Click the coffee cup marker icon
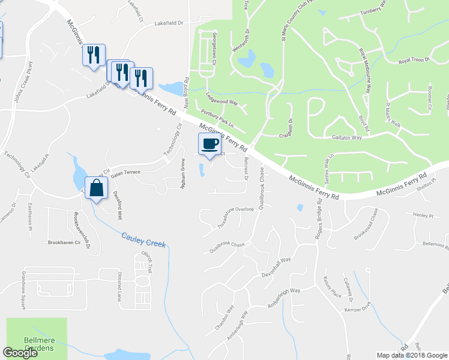209,144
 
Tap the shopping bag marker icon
96,188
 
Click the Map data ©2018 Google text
412,355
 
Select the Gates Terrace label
124,172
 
